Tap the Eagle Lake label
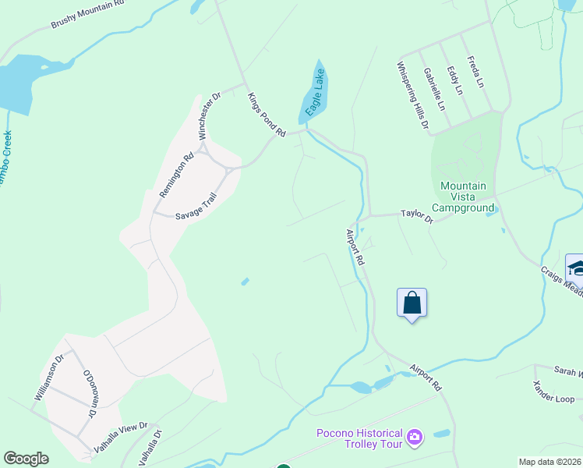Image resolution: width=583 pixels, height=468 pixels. (x=316, y=93)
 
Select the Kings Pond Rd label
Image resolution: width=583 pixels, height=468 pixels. (x=267, y=115)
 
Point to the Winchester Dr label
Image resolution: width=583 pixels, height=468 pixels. (x=209, y=116)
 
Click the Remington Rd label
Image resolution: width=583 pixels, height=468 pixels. (x=176, y=175)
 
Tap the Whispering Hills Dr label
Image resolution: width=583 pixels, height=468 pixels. (x=412, y=95)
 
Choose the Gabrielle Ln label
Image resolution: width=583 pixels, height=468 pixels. (x=434, y=88)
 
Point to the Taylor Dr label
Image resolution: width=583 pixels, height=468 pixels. (x=416, y=215)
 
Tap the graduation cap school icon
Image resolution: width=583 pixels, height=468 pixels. (x=576, y=268)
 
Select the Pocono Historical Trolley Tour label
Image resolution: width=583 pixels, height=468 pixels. (x=359, y=438)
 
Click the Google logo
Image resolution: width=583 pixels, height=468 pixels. (x=26, y=459)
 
